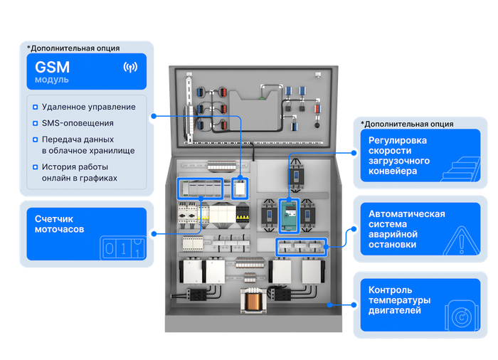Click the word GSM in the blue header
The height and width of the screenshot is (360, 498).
pyautogui.click(x=53, y=67)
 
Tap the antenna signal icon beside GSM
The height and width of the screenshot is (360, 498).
pyautogui.click(x=130, y=68)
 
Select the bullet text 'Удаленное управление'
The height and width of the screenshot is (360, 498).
pyautogui.click(x=89, y=107)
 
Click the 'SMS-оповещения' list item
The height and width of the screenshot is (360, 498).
pyautogui.click(x=78, y=123)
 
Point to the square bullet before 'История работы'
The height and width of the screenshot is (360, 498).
pyautogui.click(x=36, y=167)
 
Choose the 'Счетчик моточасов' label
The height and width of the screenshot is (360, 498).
pyautogui.click(x=59, y=224)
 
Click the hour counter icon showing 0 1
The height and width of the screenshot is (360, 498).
pyautogui.click(x=123, y=248)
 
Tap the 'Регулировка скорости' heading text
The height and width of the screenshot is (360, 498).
pyautogui.click(x=397, y=146)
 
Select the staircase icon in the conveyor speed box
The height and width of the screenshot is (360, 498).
pyautogui.click(x=460, y=169)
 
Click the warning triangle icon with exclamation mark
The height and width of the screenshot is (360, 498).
pyautogui.click(x=462, y=241)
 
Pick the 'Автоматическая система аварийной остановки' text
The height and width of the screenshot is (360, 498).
pyautogui.click(x=406, y=229)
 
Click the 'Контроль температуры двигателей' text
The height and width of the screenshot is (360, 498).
pyautogui.click(x=400, y=300)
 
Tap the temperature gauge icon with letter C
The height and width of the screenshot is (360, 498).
pyautogui.click(x=462, y=317)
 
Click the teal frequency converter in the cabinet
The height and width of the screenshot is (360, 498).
pyautogui.click(x=289, y=216)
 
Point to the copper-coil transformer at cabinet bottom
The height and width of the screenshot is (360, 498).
pyautogui.click(x=253, y=300)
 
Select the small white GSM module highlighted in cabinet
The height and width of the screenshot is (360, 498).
pyautogui.click(x=240, y=189)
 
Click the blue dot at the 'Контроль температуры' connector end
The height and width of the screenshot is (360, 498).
pyautogui.click(x=354, y=305)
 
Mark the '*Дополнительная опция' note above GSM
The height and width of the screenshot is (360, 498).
pyautogui.click(x=73, y=48)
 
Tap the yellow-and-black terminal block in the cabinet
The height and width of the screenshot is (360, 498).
pyautogui.click(x=243, y=213)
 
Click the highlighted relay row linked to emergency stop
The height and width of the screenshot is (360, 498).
pyautogui.click(x=301, y=247)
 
